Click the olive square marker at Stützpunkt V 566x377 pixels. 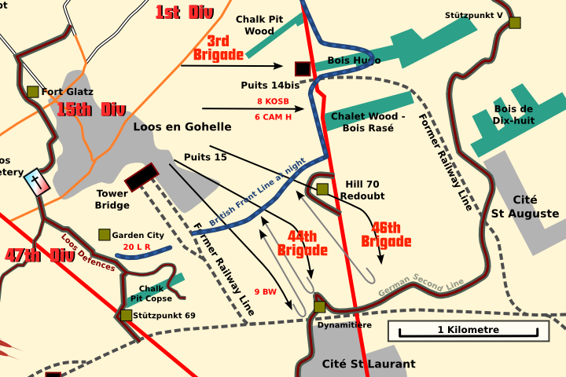coord(514,23)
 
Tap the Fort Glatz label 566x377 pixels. coord(67,92)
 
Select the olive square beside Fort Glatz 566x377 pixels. coord(32,92)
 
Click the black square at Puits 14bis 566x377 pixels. coord(303,68)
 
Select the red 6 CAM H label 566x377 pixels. coord(273,117)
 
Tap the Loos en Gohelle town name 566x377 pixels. coord(182,126)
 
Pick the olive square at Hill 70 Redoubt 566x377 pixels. coord(322,188)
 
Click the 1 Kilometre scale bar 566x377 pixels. coord(468,331)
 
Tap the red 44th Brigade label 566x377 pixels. coord(302,243)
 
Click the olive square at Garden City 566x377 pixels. coord(104,235)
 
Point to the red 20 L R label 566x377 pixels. coord(138,247)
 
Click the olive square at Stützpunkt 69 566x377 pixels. coord(126,315)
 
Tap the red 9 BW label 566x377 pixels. coord(266,292)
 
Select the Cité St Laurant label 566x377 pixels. coord(369,364)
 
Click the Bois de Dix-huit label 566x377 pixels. coord(513,115)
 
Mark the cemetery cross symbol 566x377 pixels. coord(36,181)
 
